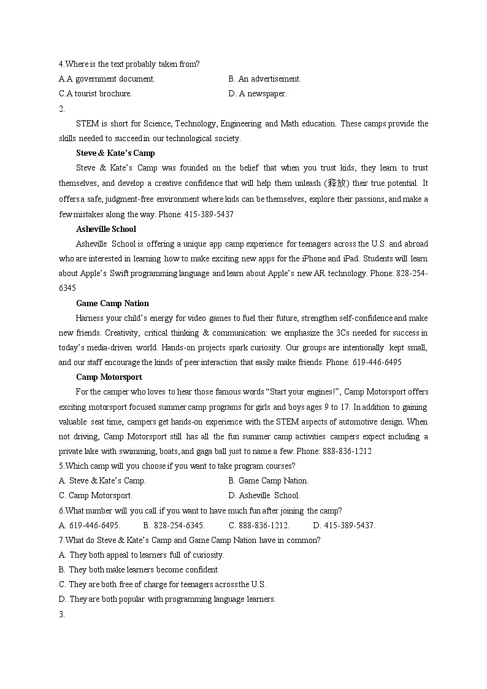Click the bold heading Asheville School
point(105,229)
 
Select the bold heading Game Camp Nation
point(112,303)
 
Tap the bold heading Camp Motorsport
point(109,377)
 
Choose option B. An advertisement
point(264,79)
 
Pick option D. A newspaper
point(257,94)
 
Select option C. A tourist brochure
point(95,94)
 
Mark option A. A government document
point(107,79)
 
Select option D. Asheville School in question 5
point(264,496)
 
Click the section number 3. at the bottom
point(62,614)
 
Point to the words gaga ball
point(339,452)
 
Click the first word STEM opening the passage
point(86,124)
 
